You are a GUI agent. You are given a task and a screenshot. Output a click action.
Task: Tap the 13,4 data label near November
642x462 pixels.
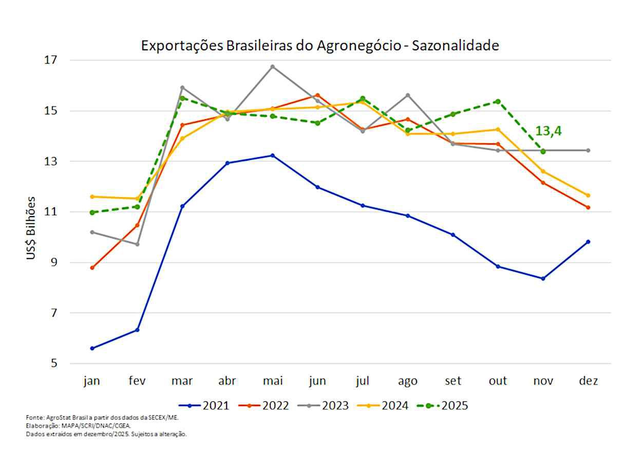(548, 131)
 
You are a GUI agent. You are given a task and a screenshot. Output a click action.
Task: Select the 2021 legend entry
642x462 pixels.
(208, 406)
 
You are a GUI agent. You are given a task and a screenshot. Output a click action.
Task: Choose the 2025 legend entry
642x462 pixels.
(447, 406)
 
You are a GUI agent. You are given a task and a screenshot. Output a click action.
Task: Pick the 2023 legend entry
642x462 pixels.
(327, 406)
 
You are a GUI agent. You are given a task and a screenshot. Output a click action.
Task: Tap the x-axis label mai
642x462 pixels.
(272, 381)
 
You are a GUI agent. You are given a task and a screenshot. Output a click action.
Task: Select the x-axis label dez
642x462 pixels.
(588, 381)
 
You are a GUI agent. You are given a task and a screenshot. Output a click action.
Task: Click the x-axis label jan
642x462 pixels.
(92, 381)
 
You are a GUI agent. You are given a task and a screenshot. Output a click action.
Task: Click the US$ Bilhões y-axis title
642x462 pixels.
(31, 227)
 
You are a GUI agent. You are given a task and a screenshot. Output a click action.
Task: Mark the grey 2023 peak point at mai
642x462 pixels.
(273, 67)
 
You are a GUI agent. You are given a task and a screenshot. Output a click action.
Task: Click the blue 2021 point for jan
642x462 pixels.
(92, 348)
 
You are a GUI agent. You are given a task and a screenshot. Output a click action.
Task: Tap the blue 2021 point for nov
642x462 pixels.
(543, 279)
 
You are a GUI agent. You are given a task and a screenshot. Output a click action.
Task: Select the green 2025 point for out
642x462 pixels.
(498, 101)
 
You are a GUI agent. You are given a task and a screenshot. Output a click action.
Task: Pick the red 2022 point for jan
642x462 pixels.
(92, 268)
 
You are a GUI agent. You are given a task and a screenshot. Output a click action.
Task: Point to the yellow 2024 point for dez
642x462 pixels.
(588, 195)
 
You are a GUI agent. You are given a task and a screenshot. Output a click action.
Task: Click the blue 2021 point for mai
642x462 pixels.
(273, 155)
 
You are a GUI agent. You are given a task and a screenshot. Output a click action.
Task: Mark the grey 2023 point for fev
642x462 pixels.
(137, 244)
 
